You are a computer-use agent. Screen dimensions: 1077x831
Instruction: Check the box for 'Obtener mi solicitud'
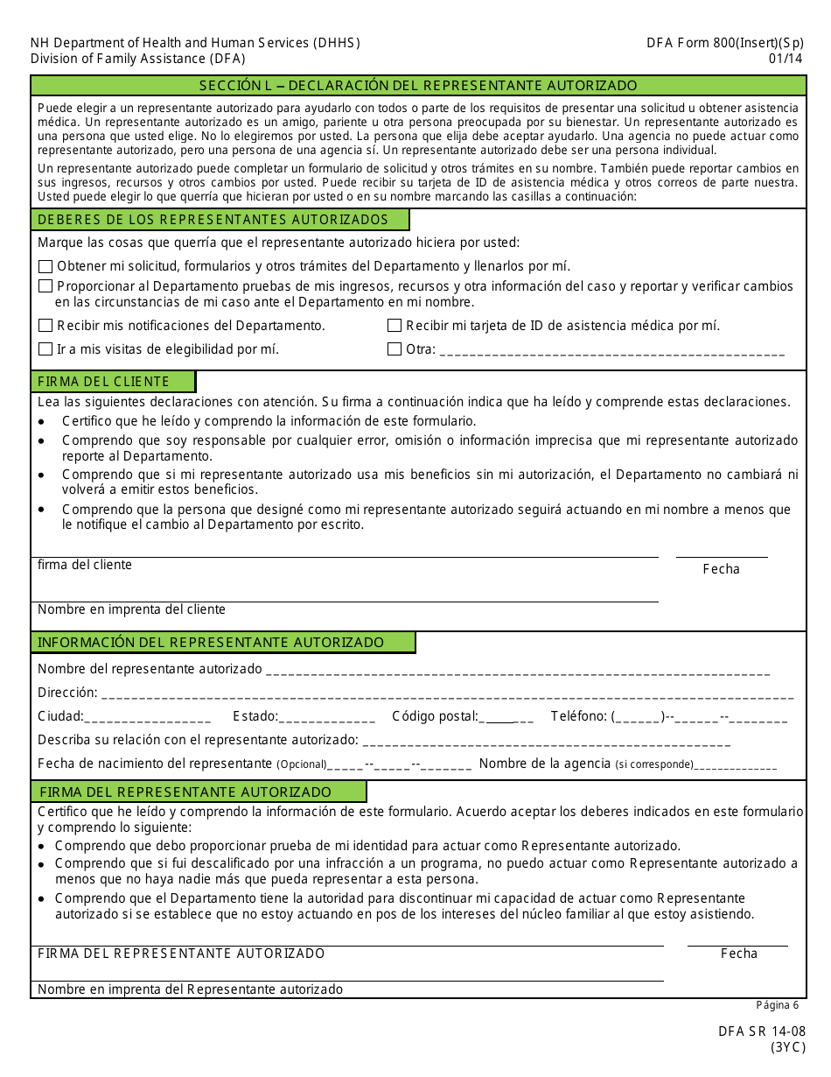coord(45,266)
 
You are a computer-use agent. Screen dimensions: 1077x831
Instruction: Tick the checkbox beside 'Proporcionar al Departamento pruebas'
coord(45,286)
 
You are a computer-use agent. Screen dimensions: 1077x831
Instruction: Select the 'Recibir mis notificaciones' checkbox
coord(45,326)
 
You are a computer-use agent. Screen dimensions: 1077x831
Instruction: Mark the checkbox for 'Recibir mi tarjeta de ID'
coord(395,326)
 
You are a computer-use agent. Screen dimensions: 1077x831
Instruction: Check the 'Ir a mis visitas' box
coord(45,349)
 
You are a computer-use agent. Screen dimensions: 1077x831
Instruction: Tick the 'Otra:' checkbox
coord(395,349)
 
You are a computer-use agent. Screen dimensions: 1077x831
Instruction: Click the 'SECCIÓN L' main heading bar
coord(418,86)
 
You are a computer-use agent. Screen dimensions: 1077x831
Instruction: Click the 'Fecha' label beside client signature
coord(721,569)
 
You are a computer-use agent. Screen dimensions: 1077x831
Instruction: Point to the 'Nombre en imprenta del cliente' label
coord(131,609)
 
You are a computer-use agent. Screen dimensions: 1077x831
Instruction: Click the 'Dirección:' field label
coord(67,693)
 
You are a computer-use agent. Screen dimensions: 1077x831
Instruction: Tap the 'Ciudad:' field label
coord(60,716)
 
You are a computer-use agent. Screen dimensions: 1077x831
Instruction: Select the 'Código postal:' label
coord(435,716)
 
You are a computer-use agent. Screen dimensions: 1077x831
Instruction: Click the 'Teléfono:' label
coord(578,716)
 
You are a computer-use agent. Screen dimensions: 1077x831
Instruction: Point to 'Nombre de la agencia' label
coord(544,764)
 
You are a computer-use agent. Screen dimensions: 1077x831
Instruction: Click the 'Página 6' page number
coord(777,1005)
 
